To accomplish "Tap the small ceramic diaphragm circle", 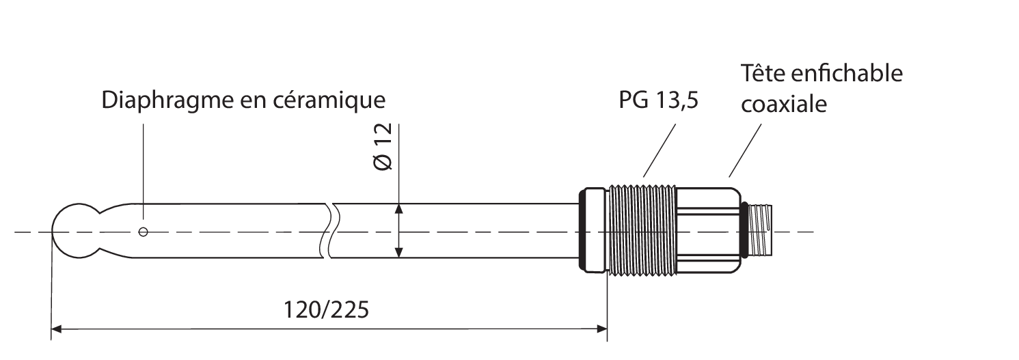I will [143, 232].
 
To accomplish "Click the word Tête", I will [763, 73].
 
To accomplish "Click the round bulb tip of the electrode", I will [72, 232].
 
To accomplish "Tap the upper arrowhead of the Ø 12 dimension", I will [399, 209].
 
